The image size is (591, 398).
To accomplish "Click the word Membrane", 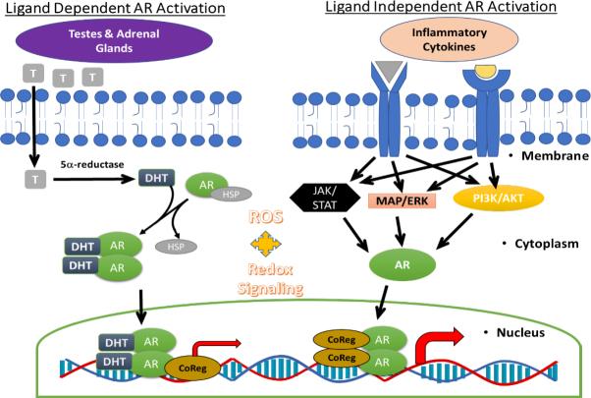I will (554, 156).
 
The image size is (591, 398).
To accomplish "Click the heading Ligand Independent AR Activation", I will (440, 9).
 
